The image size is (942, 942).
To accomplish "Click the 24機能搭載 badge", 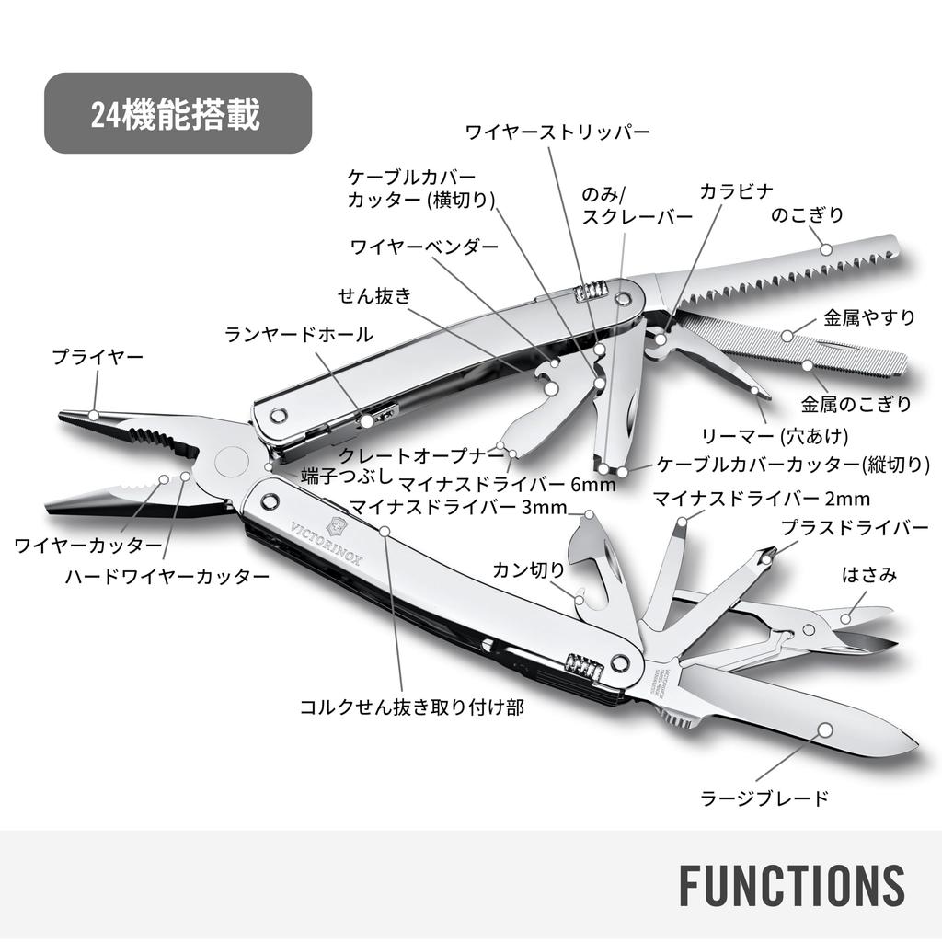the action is pos(178,113).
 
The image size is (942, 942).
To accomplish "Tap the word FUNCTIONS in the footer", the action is pos(792,885).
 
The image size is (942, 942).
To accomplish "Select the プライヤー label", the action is pos(98,357).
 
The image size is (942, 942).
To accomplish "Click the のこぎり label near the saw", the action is pos(807,214).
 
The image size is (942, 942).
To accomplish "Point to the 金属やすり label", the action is pos(868,317).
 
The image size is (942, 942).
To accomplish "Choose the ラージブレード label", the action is pos(764,798).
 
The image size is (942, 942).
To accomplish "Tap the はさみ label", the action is pos(868,575).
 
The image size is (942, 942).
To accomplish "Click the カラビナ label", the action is pos(737,191).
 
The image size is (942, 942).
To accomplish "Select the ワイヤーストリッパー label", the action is pos(557,132).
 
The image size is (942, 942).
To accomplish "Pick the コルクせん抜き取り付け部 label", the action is pos(412,707).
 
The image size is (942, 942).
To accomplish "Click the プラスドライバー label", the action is pos(855,527).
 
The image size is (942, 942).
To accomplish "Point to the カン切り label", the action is pos(529,569).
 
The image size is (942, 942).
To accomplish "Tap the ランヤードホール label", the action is pos(299,334).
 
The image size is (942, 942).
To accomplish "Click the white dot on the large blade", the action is pos(826,729).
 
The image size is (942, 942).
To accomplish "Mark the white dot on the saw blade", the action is pos(827,248).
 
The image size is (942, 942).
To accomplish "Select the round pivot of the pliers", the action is pos(231,462).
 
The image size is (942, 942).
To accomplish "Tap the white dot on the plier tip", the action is pos(93,415).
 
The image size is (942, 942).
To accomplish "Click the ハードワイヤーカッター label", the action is pos(167,577).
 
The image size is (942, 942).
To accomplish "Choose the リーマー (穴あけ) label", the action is pos(775,435).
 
